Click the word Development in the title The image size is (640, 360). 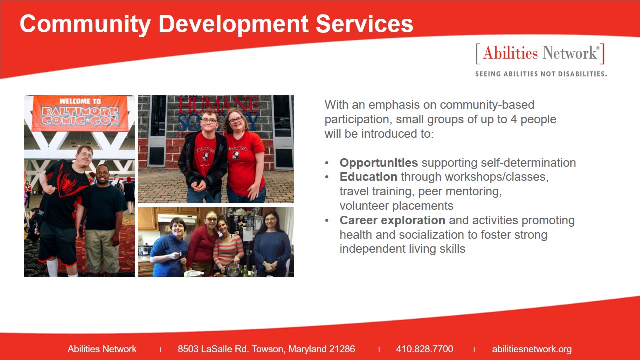[233, 25]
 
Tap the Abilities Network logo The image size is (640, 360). [540, 53]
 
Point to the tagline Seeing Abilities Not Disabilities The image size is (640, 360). [541, 74]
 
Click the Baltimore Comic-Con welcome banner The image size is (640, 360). [80, 113]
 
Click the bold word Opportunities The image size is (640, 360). [379, 163]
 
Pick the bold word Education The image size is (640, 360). [368, 177]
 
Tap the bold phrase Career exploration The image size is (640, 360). [392, 220]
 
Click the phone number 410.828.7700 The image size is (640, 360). [424, 349]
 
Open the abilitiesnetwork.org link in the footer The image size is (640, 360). [532, 349]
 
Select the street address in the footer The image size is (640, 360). [266, 349]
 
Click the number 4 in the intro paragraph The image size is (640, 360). [513, 119]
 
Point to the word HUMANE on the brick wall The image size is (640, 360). [219, 105]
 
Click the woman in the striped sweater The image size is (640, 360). [228, 245]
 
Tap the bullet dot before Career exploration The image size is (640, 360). [327, 221]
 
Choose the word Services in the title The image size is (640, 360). [364, 24]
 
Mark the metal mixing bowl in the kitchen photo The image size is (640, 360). [233, 269]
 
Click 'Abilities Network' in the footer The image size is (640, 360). [102, 349]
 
